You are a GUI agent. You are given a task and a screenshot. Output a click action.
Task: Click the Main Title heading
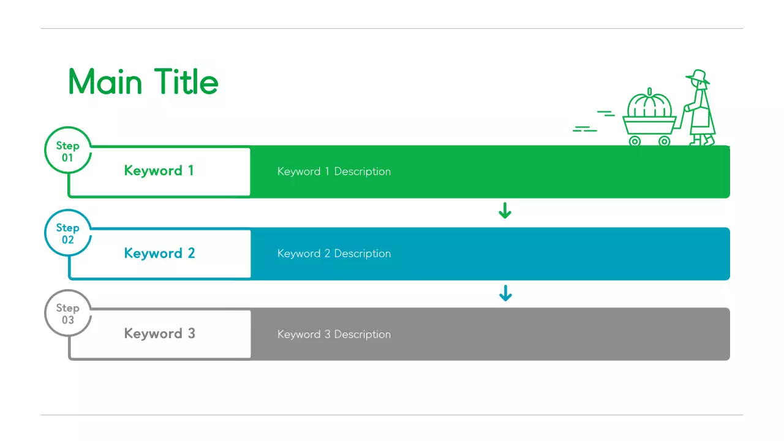[143, 82]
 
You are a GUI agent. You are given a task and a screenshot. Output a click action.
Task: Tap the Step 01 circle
[67, 151]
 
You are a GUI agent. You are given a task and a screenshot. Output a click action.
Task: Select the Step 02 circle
[67, 233]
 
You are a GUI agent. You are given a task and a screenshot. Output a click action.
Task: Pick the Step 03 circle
[67, 314]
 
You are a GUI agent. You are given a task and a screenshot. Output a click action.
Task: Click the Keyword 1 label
[159, 171]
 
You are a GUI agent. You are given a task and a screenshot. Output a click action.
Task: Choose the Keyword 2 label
[159, 254]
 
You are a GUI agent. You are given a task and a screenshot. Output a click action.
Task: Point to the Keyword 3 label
[159, 334]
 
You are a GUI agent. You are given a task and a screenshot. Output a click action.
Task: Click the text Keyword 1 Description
[334, 171]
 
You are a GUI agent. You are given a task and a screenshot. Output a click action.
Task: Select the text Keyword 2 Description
[334, 254]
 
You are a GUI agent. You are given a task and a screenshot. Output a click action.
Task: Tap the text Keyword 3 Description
[334, 334]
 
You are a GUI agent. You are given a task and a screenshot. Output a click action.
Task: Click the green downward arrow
[505, 211]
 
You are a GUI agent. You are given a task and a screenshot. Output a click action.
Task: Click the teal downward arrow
[505, 293]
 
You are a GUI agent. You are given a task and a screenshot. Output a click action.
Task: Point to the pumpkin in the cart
[649, 107]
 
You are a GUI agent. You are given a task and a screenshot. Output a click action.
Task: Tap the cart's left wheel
[635, 141]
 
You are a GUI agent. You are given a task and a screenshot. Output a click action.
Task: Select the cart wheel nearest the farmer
[665, 141]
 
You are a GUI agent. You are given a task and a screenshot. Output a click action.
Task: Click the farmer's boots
[703, 141]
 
